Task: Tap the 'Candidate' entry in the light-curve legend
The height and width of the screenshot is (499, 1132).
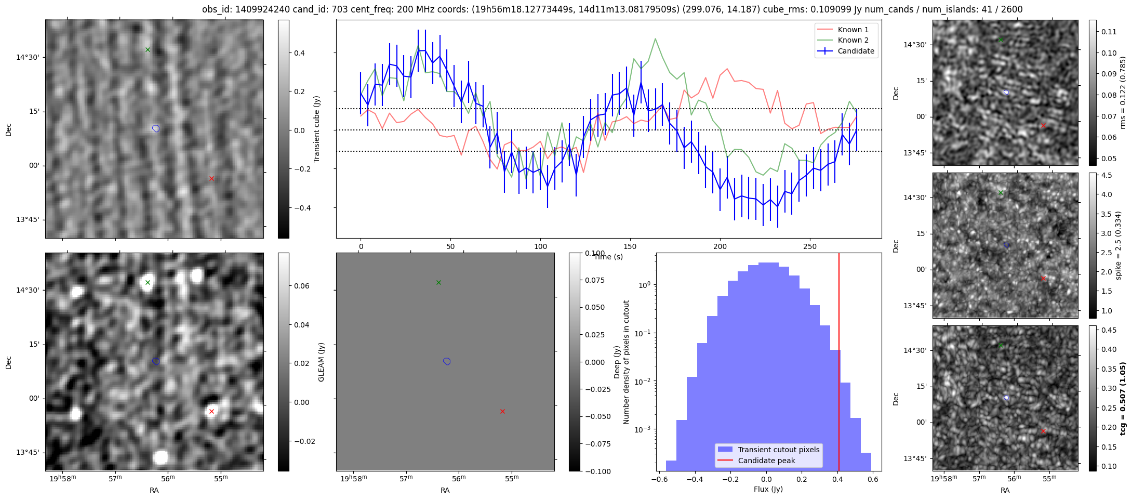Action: pos(856,51)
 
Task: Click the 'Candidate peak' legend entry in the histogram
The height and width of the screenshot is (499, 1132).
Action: pos(766,461)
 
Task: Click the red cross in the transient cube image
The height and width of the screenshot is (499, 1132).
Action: pos(211,178)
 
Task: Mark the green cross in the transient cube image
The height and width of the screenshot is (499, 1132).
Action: pos(148,50)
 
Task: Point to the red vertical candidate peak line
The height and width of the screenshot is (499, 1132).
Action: pos(839,364)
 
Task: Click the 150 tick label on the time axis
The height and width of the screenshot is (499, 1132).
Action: pos(630,246)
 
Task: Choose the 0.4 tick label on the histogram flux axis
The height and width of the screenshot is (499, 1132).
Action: pos(837,479)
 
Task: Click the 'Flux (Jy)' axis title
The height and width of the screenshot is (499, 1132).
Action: pos(768,489)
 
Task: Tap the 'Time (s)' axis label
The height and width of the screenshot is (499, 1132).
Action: pos(608,257)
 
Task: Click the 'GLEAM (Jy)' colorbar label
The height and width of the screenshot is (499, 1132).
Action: pos(321,362)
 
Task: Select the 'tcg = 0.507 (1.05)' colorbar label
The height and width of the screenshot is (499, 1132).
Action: pos(1123,399)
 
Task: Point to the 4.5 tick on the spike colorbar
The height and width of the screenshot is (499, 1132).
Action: pos(1107,176)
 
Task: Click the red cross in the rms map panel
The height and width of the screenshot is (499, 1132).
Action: pos(1043,126)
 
